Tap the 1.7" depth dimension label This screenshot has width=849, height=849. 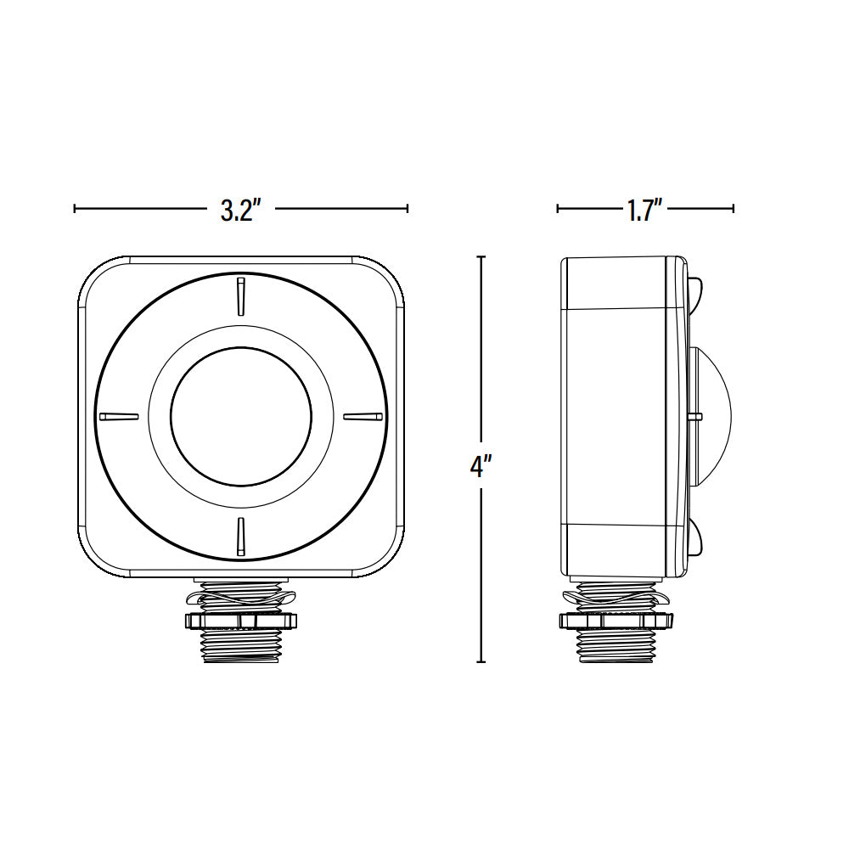(x=644, y=210)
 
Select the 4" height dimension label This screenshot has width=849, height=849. (x=481, y=465)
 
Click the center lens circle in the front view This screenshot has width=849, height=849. (x=241, y=416)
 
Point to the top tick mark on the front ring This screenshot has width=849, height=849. (x=241, y=294)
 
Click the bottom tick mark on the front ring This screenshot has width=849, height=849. (x=241, y=534)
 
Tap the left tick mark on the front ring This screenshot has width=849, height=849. (x=118, y=416)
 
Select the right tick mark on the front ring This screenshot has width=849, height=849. (x=363, y=416)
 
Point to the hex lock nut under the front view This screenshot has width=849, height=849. (x=242, y=620)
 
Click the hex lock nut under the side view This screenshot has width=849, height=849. (x=616, y=621)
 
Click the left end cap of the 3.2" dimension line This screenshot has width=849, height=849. (x=76, y=208)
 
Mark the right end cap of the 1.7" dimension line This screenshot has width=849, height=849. (x=733, y=208)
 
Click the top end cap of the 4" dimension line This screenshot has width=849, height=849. (x=481, y=256)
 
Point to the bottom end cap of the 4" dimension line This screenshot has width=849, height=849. (x=481, y=661)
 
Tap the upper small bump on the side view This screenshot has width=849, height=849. (x=696, y=292)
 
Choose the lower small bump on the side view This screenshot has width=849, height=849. (x=696, y=540)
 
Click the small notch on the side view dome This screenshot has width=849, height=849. (x=695, y=417)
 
